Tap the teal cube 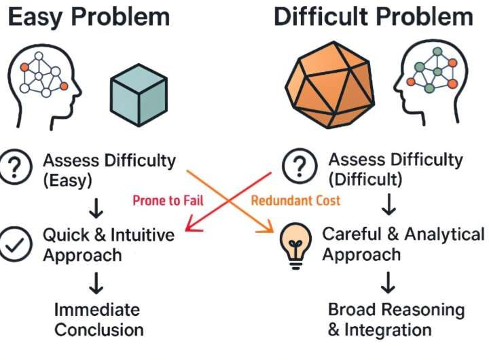click(139, 98)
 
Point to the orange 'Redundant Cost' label click(296, 200)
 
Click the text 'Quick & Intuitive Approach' click(109, 245)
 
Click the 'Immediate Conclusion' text click(99, 320)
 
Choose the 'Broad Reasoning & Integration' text click(397, 320)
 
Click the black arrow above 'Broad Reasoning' click(390, 281)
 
